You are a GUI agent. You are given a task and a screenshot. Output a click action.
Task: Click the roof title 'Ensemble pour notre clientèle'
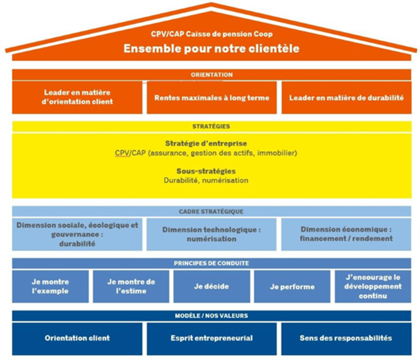point(211,48)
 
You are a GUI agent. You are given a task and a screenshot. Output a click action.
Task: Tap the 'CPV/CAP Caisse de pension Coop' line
point(211,34)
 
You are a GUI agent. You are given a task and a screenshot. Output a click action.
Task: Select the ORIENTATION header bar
point(212,75)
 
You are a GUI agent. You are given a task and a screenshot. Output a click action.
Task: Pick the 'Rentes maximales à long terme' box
point(212,97)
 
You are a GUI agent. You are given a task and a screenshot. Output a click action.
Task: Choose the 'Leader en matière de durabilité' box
point(346,97)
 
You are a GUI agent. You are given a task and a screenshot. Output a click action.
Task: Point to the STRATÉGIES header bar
point(212,126)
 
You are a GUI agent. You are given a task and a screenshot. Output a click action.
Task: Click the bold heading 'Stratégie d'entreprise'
point(210,144)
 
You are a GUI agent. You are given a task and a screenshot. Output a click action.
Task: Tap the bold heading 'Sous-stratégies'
point(210,171)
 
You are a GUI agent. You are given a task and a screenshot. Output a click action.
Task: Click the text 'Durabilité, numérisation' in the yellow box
point(210,180)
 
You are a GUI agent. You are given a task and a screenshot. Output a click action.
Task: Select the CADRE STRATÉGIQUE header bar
point(212,211)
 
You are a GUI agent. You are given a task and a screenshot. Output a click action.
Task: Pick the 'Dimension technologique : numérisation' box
point(211,234)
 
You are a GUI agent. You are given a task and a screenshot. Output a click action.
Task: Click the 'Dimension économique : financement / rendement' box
point(346,234)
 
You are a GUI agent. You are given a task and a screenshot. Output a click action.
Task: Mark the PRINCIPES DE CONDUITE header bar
point(212,263)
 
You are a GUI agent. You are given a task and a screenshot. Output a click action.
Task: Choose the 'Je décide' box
point(211,287)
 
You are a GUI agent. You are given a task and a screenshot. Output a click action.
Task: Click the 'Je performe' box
point(292,287)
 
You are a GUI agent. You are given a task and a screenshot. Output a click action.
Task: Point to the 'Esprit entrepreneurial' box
point(212,338)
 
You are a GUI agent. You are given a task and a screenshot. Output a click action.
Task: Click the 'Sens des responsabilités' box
point(346,338)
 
